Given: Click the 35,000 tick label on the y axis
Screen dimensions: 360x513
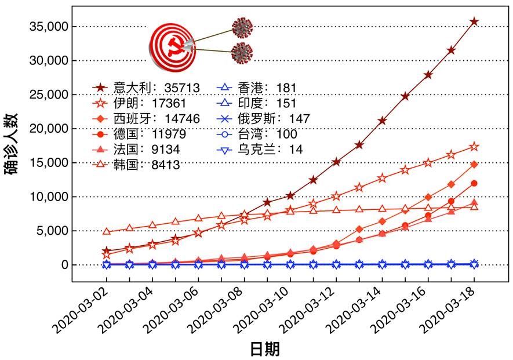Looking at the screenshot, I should (x=49, y=27).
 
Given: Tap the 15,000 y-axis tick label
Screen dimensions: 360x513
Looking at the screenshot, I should (x=49, y=163).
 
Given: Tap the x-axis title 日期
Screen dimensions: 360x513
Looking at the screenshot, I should (x=265, y=349).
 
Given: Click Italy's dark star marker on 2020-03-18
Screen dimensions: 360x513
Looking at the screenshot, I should (x=474, y=21).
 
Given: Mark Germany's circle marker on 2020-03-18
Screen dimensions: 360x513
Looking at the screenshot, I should (x=474, y=184).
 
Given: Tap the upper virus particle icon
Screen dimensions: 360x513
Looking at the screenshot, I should (x=242, y=27).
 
